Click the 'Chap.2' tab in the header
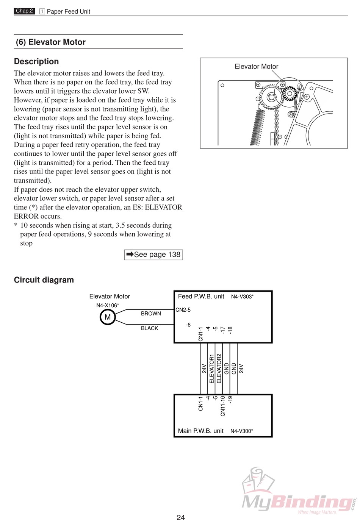pos(25,11)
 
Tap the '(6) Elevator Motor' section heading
pos(51,42)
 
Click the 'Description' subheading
pos(36,61)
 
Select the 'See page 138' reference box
pos(153,255)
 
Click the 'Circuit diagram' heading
pos(44,280)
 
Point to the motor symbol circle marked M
pos(108,317)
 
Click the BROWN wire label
pos(151,314)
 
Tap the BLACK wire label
pos(149,328)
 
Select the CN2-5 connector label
pos(183,310)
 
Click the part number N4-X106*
pos(108,305)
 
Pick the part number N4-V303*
pos(242,297)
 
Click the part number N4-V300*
pos(241,431)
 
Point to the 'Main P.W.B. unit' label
pos(201,431)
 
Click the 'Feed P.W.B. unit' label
pos(201,297)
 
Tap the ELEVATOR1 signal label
pos(211,369)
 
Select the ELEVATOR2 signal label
pos(219,369)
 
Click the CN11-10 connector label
pos(223,406)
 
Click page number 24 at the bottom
pos(181,517)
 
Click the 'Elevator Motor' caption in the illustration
pos(257,67)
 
